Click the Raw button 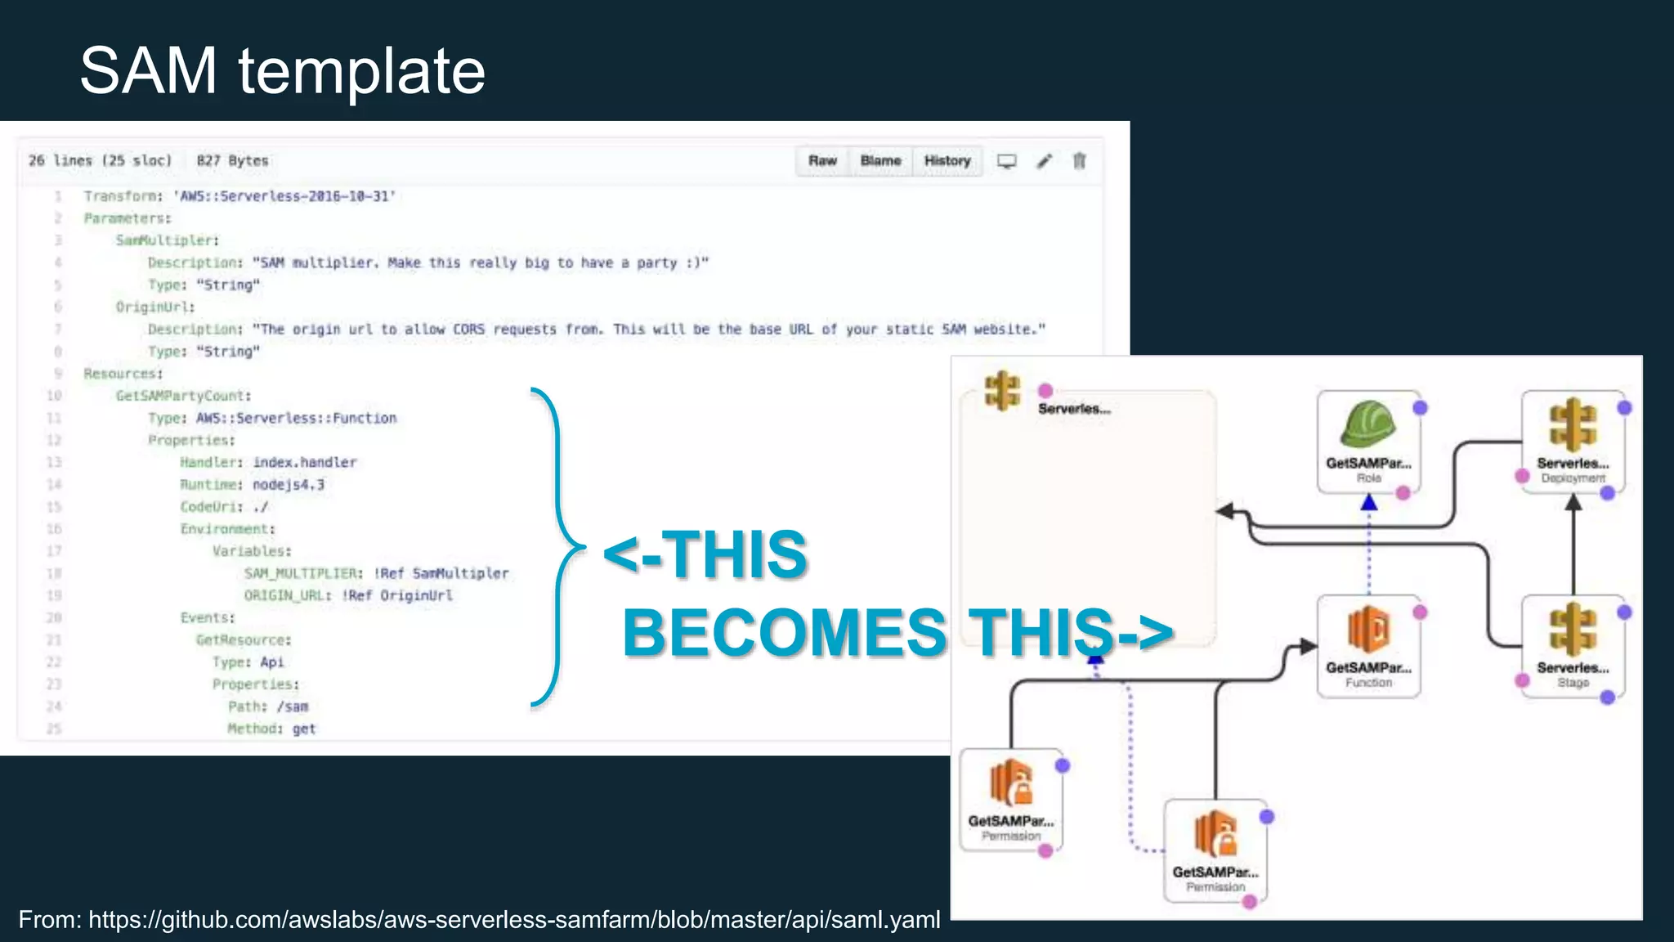pyautogui.click(x=822, y=161)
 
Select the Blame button pyautogui.click(x=880, y=161)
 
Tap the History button pyautogui.click(x=947, y=161)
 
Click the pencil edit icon pyautogui.click(x=1044, y=161)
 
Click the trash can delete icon pyautogui.click(x=1080, y=161)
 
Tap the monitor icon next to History pyautogui.click(x=1007, y=161)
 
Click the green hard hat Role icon pyautogui.click(x=1367, y=426)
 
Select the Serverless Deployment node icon pyautogui.click(x=1573, y=426)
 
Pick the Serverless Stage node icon pyautogui.click(x=1573, y=630)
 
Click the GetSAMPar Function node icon pyautogui.click(x=1367, y=630)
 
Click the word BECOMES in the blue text pyautogui.click(x=784, y=633)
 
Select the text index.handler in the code pyautogui.click(x=305, y=463)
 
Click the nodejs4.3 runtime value pyautogui.click(x=289, y=485)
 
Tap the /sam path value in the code pyautogui.click(x=292, y=706)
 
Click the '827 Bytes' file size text pyautogui.click(x=232, y=161)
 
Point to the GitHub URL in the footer pyautogui.click(x=514, y=920)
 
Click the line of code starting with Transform pyautogui.click(x=239, y=196)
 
